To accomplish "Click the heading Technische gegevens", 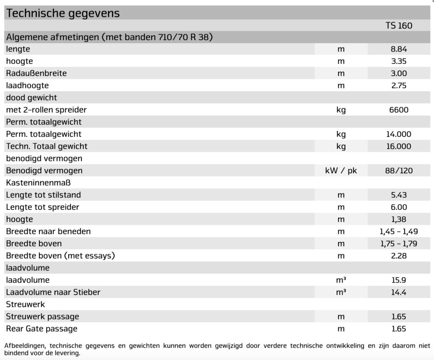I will tap(63, 13).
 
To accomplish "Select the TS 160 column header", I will tap(398, 25).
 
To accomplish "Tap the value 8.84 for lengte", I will tap(398, 49).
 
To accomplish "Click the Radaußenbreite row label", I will tap(36, 73).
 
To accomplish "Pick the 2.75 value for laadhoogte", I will tap(398, 86).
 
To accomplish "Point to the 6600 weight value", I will tap(398, 110).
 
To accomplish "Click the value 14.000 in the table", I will tap(398, 135).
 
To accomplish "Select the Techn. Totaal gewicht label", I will tap(47, 147).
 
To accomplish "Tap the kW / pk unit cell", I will tap(341, 171).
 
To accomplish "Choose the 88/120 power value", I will tap(398, 171).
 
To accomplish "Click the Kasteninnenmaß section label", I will tap(38, 183).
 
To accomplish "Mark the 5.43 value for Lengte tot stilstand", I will tap(398, 195).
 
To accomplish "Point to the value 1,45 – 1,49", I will tap(398, 232).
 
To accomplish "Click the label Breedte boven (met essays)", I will tap(61, 256).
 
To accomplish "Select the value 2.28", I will tap(398, 256).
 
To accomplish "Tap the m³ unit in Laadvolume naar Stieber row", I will tap(341, 292).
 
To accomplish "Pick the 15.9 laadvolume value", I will tap(398, 280).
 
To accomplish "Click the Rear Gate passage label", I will tap(42, 329).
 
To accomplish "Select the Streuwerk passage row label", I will tap(42, 317).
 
